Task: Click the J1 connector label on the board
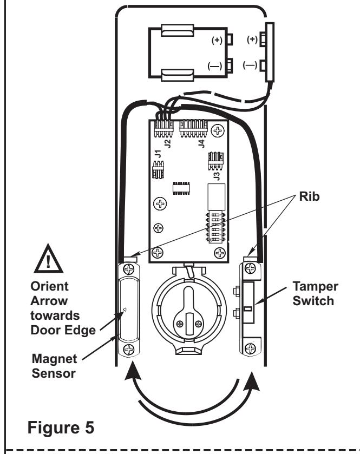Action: [158, 154]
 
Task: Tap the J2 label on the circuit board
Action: [168, 143]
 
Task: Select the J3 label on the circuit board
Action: [217, 176]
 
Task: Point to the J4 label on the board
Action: [201, 143]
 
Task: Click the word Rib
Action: [309, 196]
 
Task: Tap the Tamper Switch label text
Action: [315, 294]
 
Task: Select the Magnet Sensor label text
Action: [54, 366]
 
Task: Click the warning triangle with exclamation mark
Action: [48, 259]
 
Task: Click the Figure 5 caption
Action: [61, 427]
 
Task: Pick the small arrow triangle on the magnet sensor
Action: [125, 310]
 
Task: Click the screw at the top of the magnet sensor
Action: [129, 269]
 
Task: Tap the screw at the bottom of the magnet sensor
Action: [129, 350]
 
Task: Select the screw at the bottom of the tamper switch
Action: [251, 348]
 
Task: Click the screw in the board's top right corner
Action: [217, 130]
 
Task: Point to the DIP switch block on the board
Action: [216, 227]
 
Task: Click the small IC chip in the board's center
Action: [181, 188]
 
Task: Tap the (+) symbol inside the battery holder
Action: [217, 40]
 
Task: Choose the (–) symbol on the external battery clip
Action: [250, 65]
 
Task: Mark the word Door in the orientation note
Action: [43, 330]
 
